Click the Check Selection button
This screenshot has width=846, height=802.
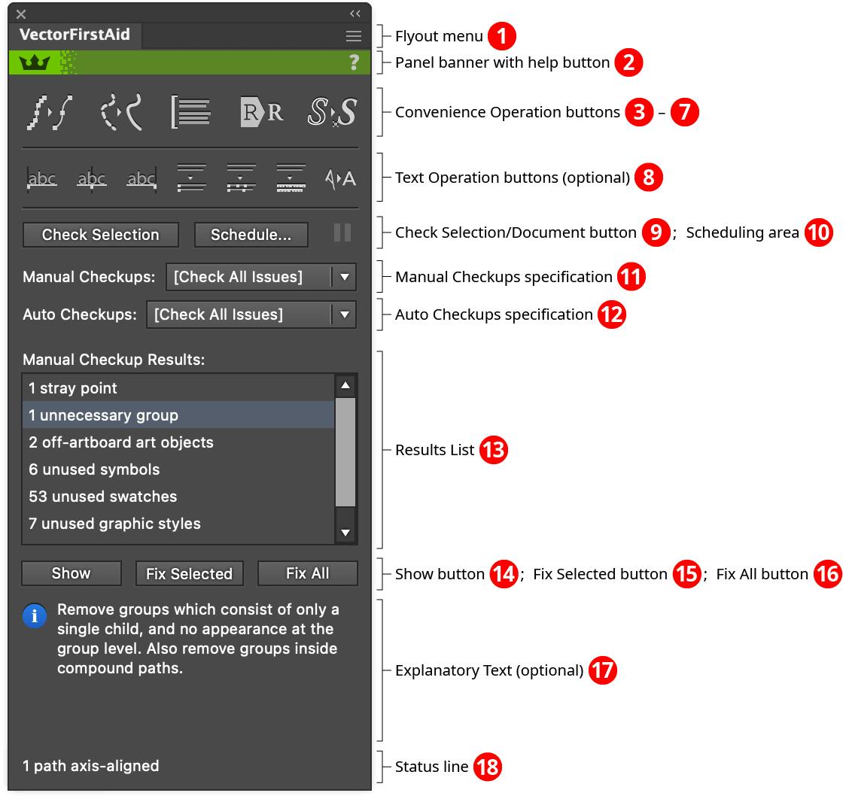pyautogui.click(x=101, y=235)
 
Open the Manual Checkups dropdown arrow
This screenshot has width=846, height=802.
pyautogui.click(x=345, y=277)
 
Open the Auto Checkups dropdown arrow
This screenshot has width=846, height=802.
pyautogui.click(x=345, y=314)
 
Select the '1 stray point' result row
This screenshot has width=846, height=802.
pyautogui.click(x=73, y=388)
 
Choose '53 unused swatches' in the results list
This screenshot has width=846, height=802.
pyautogui.click(x=103, y=497)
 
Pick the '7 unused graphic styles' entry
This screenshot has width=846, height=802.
pyautogui.click(x=114, y=524)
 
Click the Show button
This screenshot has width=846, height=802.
pyautogui.click(x=71, y=573)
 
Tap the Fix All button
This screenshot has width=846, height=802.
pyautogui.click(x=307, y=573)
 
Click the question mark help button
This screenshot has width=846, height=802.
pyautogui.click(x=354, y=62)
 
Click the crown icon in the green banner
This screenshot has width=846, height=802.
pyautogui.click(x=34, y=62)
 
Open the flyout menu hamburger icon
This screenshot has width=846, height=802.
pyautogui.click(x=353, y=36)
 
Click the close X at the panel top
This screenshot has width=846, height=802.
pyautogui.click(x=21, y=14)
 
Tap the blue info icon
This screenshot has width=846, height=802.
pyautogui.click(x=35, y=616)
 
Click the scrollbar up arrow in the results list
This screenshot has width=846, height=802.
pyautogui.click(x=345, y=386)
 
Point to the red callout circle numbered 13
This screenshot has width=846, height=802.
pyautogui.click(x=494, y=450)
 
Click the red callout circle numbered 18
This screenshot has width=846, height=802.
pyautogui.click(x=488, y=767)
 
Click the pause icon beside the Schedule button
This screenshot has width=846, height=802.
pyautogui.click(x=342, y=232)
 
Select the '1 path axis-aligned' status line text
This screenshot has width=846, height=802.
pyautogui.click(x=91, y=766)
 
